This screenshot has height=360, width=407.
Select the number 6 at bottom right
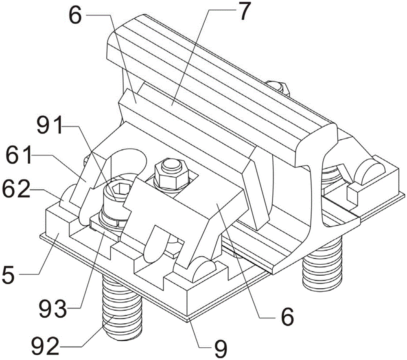coord(287,317)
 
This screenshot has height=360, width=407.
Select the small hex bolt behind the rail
coord(278,87)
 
